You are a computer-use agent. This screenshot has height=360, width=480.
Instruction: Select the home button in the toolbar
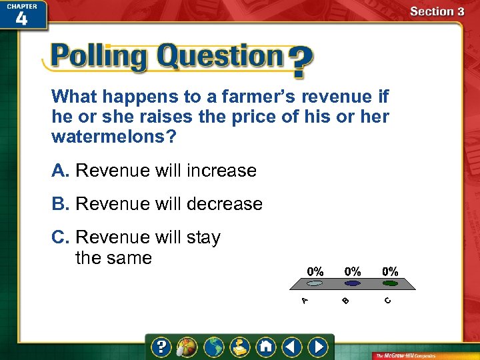(x=266, y=347)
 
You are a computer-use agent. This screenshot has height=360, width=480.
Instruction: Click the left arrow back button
(x=291, y=347)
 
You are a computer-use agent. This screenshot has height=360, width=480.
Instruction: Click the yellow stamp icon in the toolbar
(x=239, y=347)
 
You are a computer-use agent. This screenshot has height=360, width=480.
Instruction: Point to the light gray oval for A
(x=315, y=283)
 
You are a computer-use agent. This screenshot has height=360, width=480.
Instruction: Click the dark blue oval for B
(x=353, y=283)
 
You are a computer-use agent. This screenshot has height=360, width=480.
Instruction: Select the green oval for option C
(x=390, y=283)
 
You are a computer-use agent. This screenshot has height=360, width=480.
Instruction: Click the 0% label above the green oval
(x=390, y=271)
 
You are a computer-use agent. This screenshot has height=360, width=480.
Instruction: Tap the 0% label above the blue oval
(x=353, y=271)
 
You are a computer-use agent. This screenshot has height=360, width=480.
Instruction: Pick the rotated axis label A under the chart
(x=304, y=301)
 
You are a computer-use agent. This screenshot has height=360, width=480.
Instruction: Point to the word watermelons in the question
(x=110, y=137)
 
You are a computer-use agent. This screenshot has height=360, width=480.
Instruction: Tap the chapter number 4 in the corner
(x=21, y=18)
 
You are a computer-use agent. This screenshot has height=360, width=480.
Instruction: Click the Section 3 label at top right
(x=437, y=11)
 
